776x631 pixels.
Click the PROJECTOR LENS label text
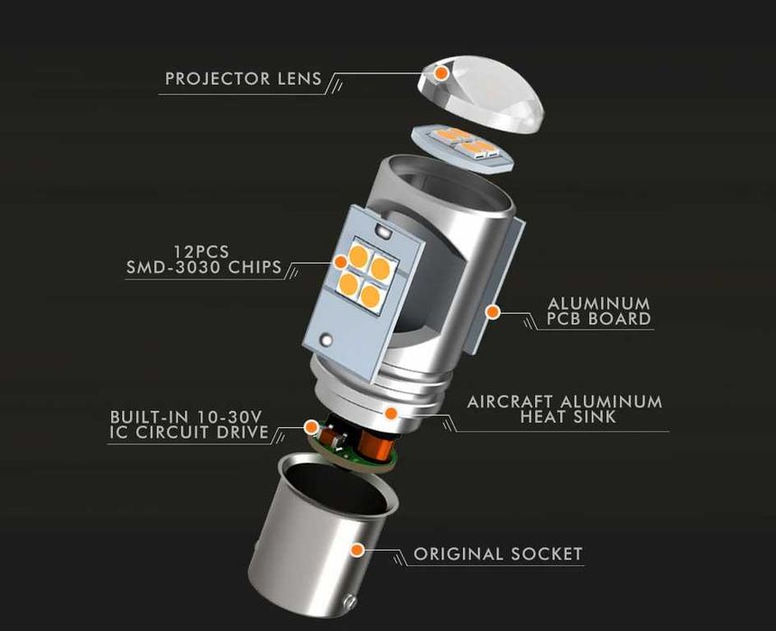[x=243, y=78]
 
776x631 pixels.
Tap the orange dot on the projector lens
[x=441, y=73]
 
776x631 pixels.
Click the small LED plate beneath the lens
[x=463, y=147]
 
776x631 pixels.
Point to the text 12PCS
[x=201, y=251]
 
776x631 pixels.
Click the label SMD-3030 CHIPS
[x=203, y=268]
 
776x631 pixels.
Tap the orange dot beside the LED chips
[x=340, y=262]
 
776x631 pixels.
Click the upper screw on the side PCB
[x=382, y=230]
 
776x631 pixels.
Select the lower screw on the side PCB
[x=326, y=340]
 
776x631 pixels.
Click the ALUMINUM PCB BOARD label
[x=599, y=311]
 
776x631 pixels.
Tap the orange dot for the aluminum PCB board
[x=493, y=312]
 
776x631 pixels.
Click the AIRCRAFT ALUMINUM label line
[x=565, y=401]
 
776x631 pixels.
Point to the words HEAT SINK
[x=568, y=416]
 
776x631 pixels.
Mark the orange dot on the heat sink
[x=391, y=413]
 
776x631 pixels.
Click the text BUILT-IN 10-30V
[x=186, y=416]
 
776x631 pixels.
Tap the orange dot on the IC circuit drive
[x=310, y=426]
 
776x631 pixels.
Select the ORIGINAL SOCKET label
[x=498, y=553]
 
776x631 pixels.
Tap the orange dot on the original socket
[x=357, y=549]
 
